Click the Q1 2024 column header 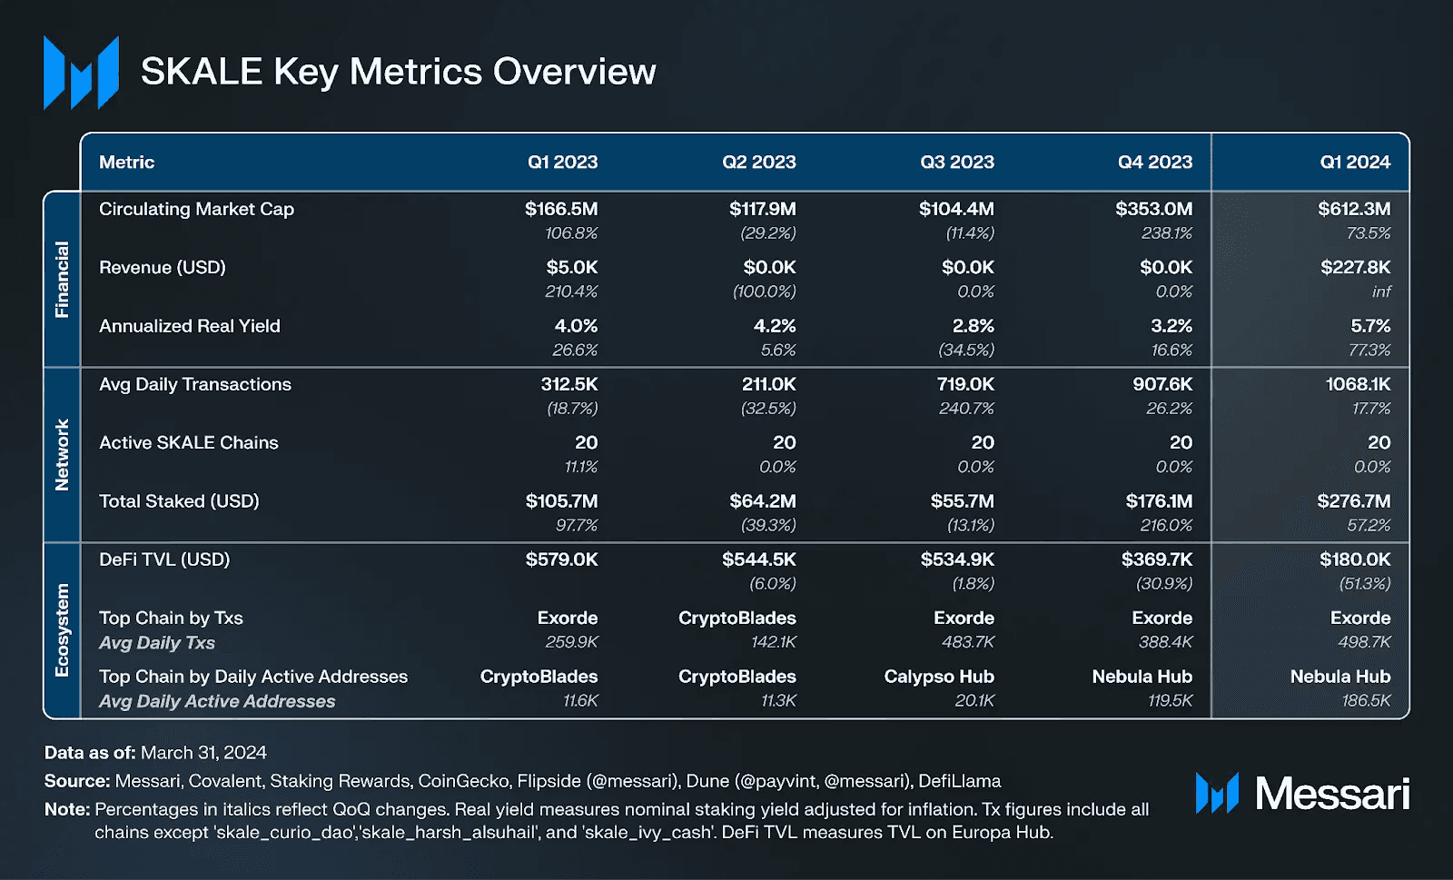1354,163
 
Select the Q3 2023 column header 956,163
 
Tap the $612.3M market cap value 1353,209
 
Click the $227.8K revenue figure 1355,268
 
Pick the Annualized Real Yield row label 189,326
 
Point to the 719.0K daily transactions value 964,384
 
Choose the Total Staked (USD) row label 179,501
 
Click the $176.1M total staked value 1159,501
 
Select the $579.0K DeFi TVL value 561,559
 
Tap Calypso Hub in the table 939,677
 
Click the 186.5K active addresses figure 1366,701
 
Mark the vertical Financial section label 62,279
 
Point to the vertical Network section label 62,454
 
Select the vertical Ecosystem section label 62,630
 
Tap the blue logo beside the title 81,73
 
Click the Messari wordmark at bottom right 1331,794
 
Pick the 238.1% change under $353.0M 1167,233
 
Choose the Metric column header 126,163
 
